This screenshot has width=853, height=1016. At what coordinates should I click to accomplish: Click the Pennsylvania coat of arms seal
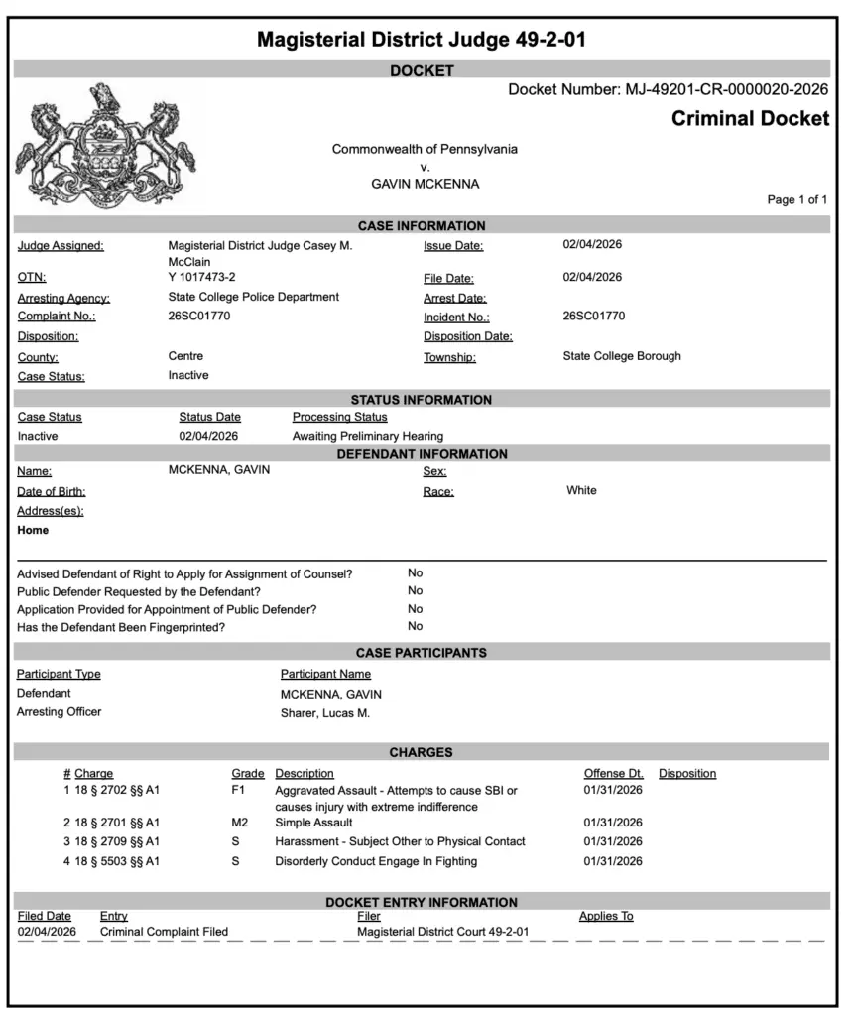[x=106, y=146]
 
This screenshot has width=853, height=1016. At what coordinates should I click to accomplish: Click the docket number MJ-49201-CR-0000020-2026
[x=726, y=90]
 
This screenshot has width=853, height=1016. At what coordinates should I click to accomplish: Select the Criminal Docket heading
[x=750, y=119]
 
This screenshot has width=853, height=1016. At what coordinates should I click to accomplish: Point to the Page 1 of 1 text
[x=797, y=200]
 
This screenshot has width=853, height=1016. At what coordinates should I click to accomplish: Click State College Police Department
[x=254, y=297]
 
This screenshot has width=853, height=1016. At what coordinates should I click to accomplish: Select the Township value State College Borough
[x=622, y=356]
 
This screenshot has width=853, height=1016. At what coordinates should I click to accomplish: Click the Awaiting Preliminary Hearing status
[x=367, y=436]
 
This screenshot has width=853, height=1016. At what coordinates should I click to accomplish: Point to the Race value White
[x=581, y=490]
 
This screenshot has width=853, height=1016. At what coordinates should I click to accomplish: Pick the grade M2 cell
[x=238, y=823]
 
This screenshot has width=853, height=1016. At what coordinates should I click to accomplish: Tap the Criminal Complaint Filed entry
[x=164, y=932]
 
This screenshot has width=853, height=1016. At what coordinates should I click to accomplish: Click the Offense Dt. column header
[x=613, y=773]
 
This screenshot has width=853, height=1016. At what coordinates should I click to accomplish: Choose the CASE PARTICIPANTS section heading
[x=421, y=653]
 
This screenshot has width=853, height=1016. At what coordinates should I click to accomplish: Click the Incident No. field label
[x=456, y=317]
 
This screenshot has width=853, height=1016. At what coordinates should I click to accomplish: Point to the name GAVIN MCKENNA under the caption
[x=425, y=185]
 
